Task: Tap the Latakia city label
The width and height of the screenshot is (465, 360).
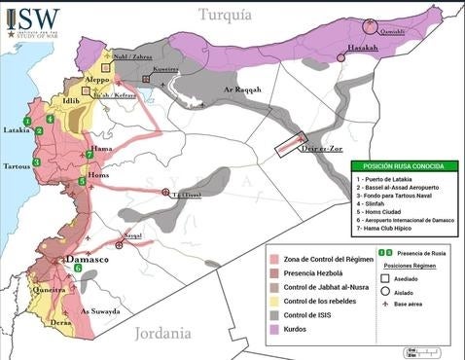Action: click(17, 128)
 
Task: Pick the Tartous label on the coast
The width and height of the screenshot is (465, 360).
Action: click(17, 165)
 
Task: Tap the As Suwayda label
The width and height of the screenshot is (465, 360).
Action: click(98, 311)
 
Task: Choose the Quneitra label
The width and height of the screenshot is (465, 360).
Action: click(50, 290)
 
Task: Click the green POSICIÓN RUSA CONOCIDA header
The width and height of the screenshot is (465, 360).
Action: click(404, 166)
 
